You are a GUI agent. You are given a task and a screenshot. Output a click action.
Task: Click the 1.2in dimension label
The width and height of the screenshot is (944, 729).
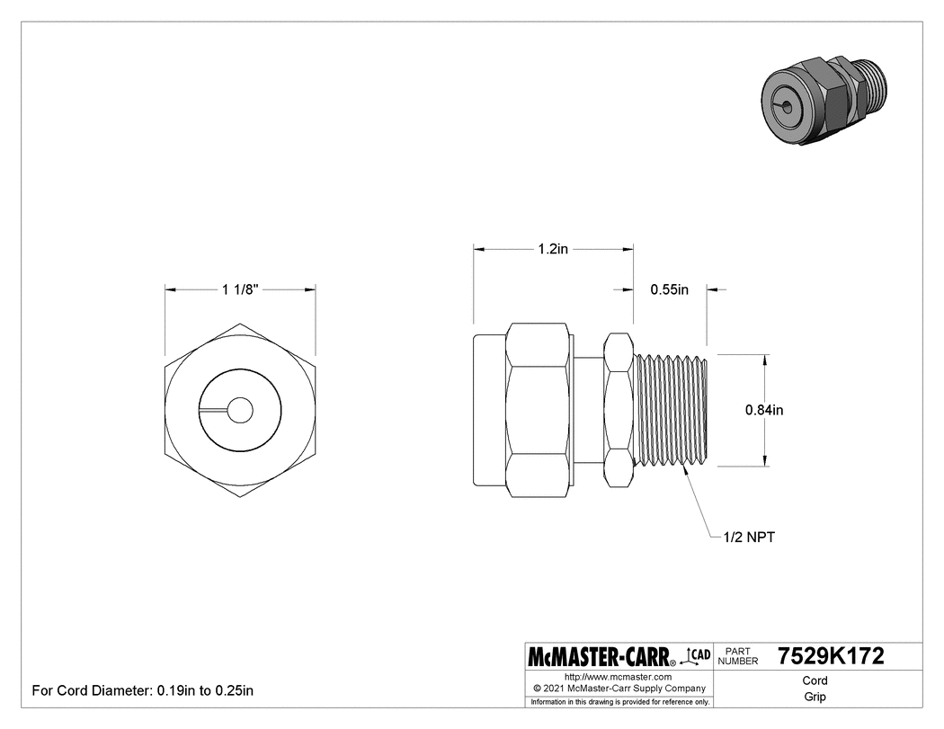click(x=552, y=249)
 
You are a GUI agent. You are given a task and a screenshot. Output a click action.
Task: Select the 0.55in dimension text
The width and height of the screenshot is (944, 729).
click(x=669, y=289)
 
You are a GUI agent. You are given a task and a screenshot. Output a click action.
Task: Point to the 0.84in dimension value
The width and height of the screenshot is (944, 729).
click(x=764, y=410)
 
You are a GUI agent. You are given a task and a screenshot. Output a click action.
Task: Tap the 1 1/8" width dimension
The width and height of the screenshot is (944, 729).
click(x=239, y=289)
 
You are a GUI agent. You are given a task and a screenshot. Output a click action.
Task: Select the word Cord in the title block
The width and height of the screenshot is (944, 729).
click(x=815, y=680)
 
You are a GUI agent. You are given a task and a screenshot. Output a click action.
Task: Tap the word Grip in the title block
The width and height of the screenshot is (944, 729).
click(x=815, y=697)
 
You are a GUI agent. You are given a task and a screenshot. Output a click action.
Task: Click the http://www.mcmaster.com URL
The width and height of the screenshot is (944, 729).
click(x=619, y=675)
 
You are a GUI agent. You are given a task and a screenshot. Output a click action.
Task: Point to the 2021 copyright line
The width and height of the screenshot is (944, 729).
click(x=619, y=688)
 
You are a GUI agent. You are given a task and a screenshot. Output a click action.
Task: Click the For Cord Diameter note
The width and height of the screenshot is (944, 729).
click(x=143, y=691)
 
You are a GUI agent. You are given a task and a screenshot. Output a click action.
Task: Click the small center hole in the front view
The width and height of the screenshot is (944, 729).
click(x=240, y=410)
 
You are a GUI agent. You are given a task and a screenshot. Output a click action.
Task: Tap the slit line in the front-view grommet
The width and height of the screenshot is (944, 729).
click(x=213, y=411)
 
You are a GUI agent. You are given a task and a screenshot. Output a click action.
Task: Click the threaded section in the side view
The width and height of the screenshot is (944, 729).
click(x=672, y=410)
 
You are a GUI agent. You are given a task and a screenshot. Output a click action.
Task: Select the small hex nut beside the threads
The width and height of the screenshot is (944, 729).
click(x=619, y=410)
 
